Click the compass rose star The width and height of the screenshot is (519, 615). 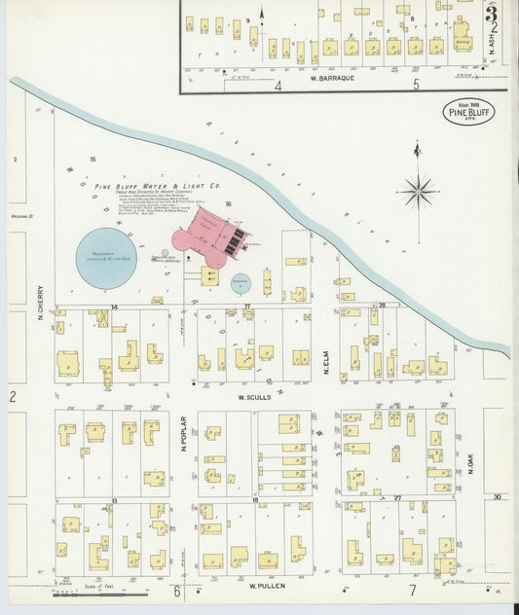tap(418, 191)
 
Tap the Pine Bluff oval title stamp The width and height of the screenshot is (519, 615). tap(469, 111)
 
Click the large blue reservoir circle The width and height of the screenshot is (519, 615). tap(106, 258)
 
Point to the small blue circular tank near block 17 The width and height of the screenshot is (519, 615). tap(240, 284)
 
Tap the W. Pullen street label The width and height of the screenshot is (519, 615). tap(265, 587)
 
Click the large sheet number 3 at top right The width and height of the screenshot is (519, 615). tap(493, 13)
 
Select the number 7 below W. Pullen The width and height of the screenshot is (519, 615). tap(413, 591)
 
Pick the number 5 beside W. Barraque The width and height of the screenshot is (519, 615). tap(417, 86)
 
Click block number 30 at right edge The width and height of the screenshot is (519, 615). tap(497, 496)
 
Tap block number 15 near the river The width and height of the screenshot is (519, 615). tap(93, 159)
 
